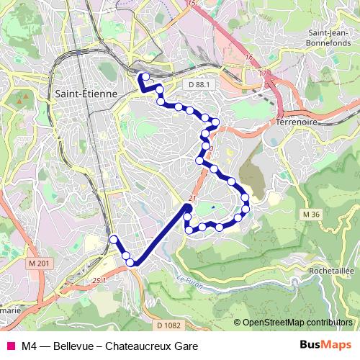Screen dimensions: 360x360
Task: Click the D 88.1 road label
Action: click(199, 85)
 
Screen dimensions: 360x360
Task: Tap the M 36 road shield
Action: click(311, 215)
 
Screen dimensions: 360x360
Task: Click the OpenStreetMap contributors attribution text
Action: click(297, 322)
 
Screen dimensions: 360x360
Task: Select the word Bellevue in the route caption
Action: click(71, 345)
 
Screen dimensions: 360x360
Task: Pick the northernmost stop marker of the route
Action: click(145, 76)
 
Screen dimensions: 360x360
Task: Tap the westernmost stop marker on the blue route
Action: click(112, 240)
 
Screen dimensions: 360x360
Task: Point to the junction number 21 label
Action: click(192, 198)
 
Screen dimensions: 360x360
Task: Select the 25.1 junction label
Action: click(99, 279)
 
